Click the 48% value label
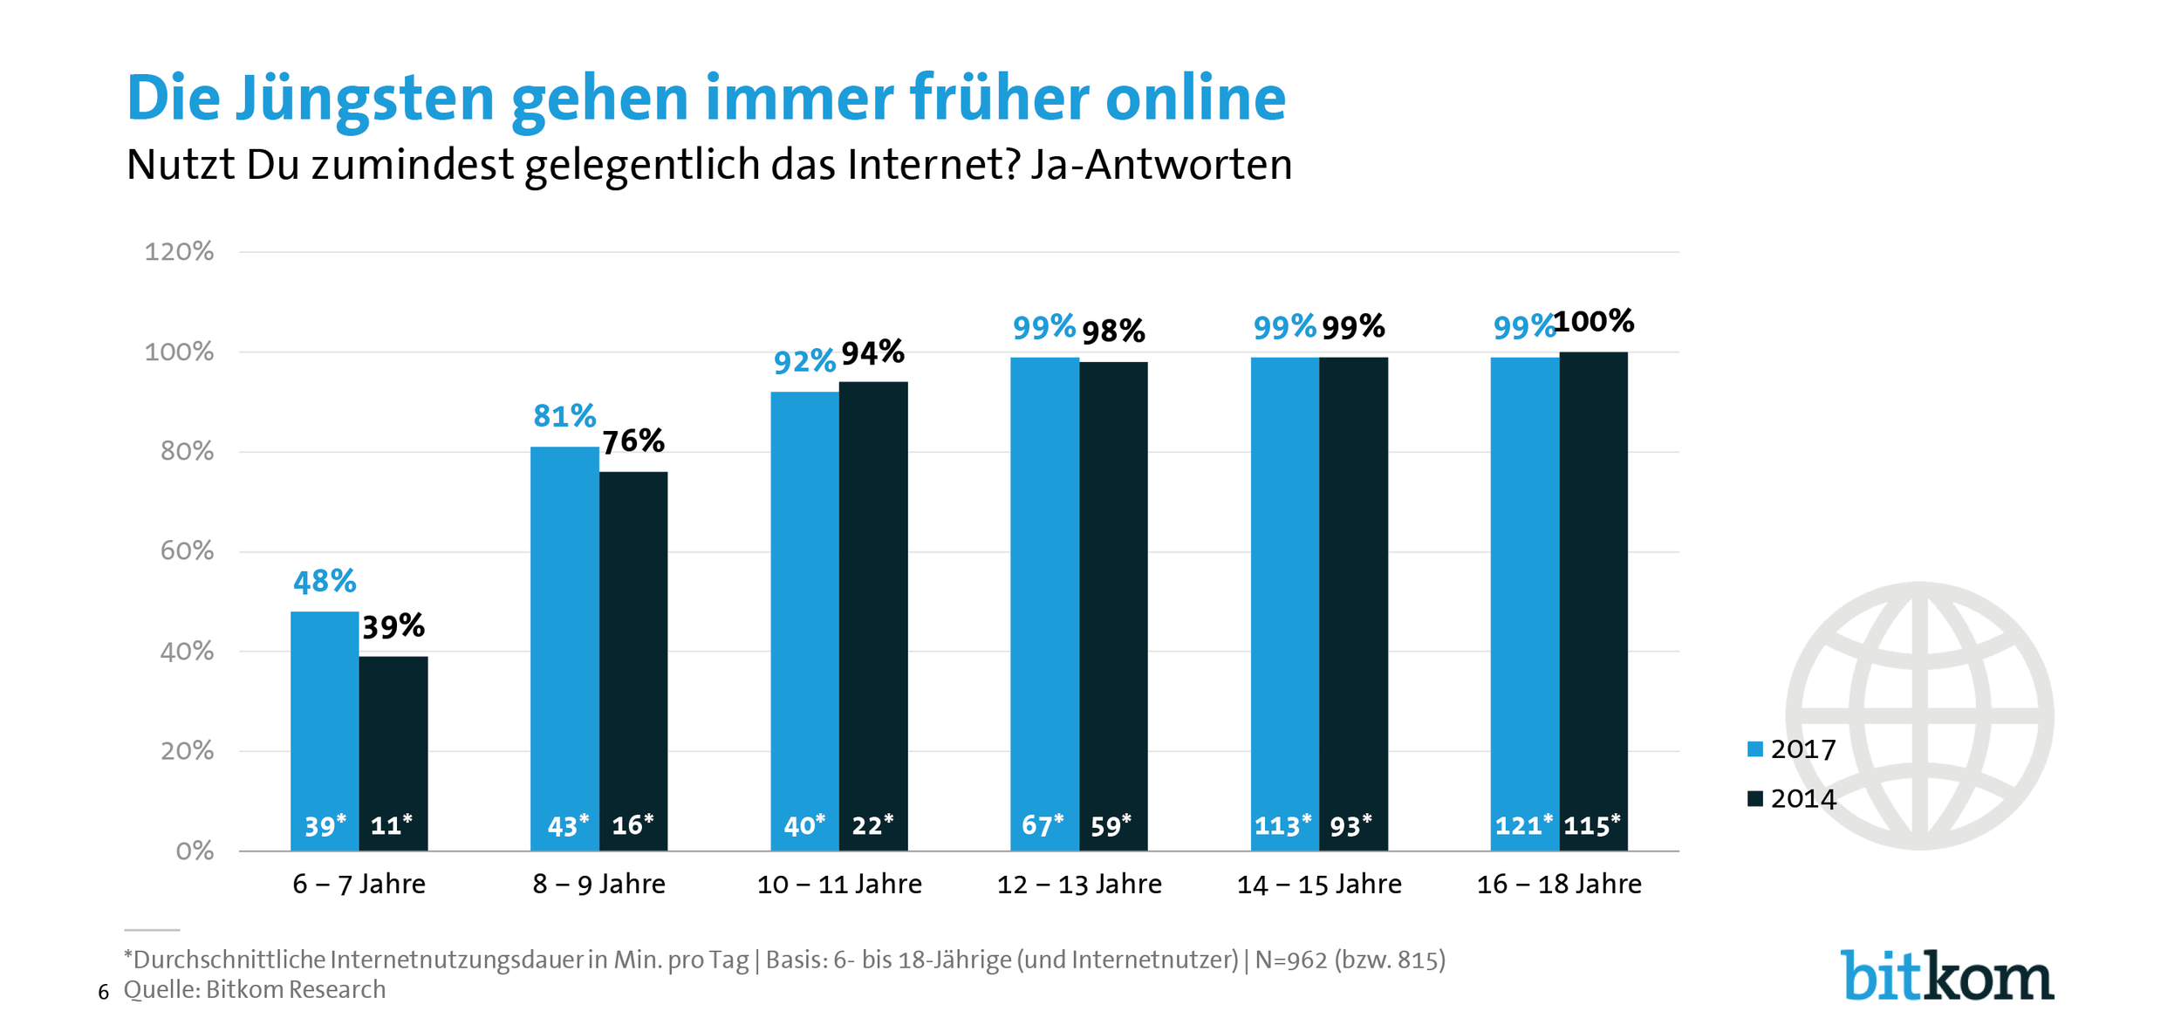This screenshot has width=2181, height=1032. (x=325, y=582)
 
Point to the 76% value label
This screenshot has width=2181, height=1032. (x=633, y=441)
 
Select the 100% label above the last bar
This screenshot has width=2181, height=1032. (x=1594, y=322)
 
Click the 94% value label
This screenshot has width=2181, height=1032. (x=873, y=352)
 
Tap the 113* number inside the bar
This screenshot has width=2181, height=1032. (x=1282, y=825)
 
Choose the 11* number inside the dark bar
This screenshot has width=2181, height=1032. (x=392, y=825)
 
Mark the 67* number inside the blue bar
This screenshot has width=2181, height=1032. (x=1043, y=825)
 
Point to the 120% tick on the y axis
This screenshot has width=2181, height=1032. (x=179, y=252)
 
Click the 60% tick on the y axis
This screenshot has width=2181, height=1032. (x=187, y=551)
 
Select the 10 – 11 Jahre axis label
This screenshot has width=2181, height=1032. (x=839, y=885)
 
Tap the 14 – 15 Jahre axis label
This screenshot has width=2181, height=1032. (x=1319, y=885)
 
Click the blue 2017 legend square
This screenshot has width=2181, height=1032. (x=1755, y=749)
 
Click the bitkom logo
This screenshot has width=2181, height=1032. (x=1947, y=976)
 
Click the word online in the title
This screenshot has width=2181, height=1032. (x=1195, y=98)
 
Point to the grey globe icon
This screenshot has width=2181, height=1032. (x=1919, y=715)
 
